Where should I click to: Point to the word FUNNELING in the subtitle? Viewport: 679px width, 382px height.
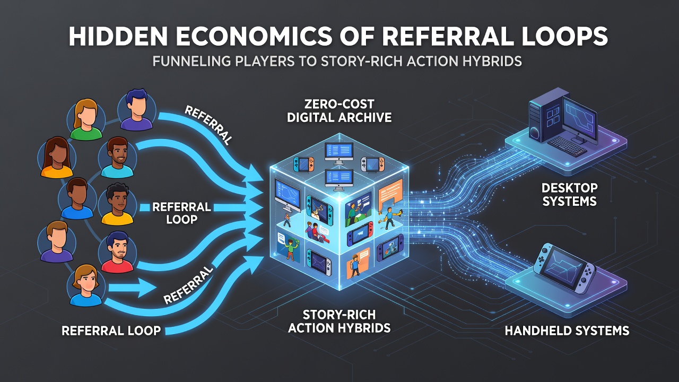[191, 61]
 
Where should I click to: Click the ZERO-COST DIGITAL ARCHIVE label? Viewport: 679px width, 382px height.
[339, 111]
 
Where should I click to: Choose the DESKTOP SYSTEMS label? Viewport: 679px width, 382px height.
[570, 194]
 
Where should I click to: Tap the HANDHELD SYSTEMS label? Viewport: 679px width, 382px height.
[567, 331]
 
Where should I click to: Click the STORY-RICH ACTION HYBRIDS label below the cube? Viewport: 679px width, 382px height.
[339, 322]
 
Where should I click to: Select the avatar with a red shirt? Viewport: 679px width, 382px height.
[117, 252]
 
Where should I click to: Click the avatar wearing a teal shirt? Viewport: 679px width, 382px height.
[117, 157]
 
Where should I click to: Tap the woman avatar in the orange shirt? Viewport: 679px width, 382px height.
[57, 157]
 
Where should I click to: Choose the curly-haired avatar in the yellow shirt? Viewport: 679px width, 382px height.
[117, 204]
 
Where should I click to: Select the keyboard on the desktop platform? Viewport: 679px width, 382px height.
[568, 146]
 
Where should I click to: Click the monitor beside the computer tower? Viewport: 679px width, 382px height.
[580, 120]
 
